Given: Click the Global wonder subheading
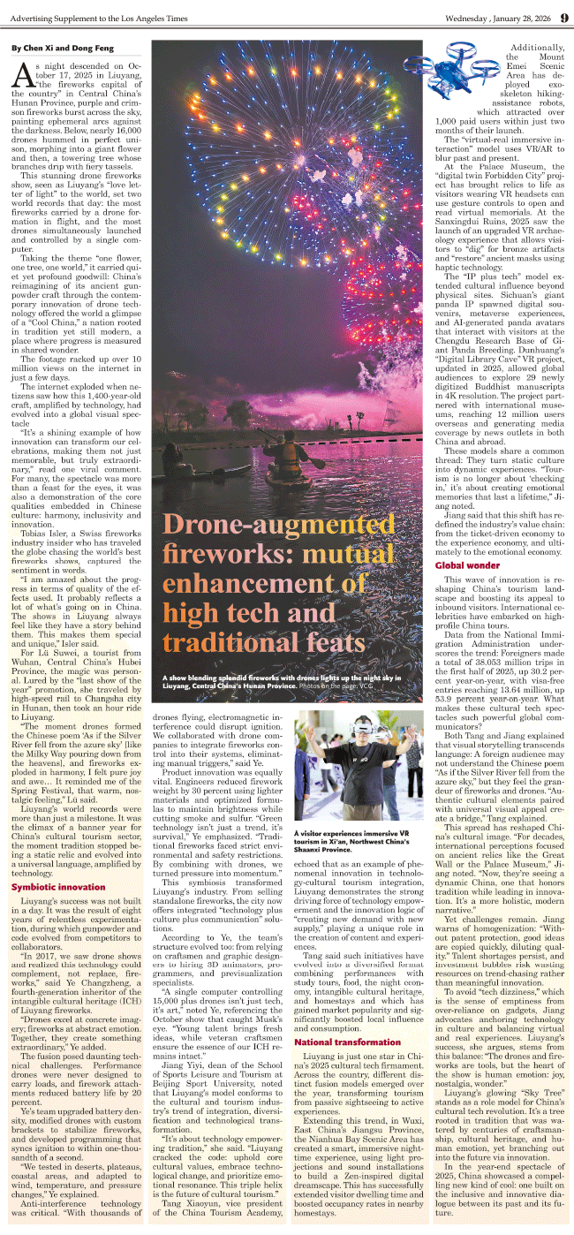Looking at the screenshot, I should tap(467, 564).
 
